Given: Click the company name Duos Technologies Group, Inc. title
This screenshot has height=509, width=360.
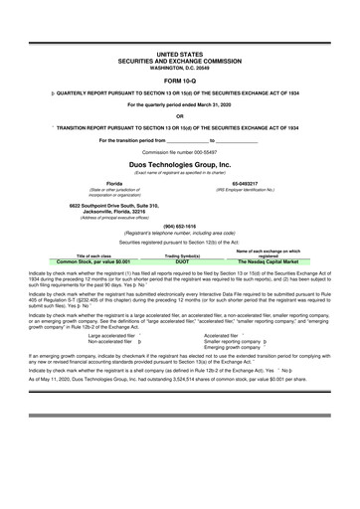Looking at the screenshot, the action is click(x=179, y=163).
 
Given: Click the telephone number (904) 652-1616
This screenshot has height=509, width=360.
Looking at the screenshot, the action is click(x=179, y=225).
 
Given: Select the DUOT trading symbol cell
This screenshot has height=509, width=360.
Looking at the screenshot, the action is click(x=181, y=261).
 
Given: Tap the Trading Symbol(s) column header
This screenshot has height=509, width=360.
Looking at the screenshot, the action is click(x=181, y=255).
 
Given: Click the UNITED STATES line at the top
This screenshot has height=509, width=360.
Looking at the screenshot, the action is click(x=179, y=53).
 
